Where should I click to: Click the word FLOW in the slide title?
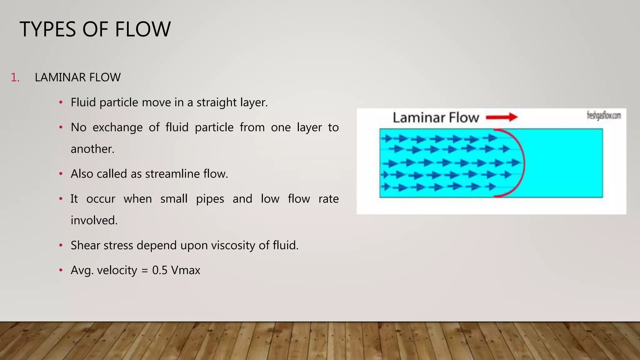pyautogui.click(x=142, y=29)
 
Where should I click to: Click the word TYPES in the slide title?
pyautogui.click(x=48, y=29)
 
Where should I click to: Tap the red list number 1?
pyautogui.click(x=15, y=77)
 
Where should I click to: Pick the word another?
pyautogui.click(x=92, y=149)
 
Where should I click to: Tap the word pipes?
pyautogui.click(x=210, y=199)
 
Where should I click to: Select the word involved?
pyautogui.click(x=94, y=221)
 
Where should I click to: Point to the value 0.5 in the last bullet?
pyautogui.click(x=160, y=270)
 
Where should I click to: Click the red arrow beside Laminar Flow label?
pyautogui.click(x=502, y=117)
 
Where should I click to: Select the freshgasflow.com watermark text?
pyautogui.click(x=604, y=116)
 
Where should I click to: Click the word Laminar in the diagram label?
pyautogui.click(x=419, y=117)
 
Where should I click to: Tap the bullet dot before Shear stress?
pyautogui.click(x=61, y=245)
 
